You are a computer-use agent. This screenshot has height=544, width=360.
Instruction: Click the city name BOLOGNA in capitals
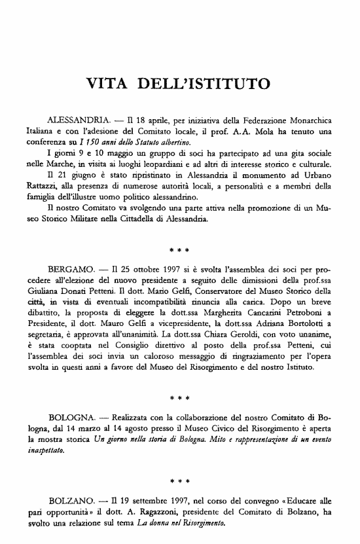[x=72, y=417]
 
